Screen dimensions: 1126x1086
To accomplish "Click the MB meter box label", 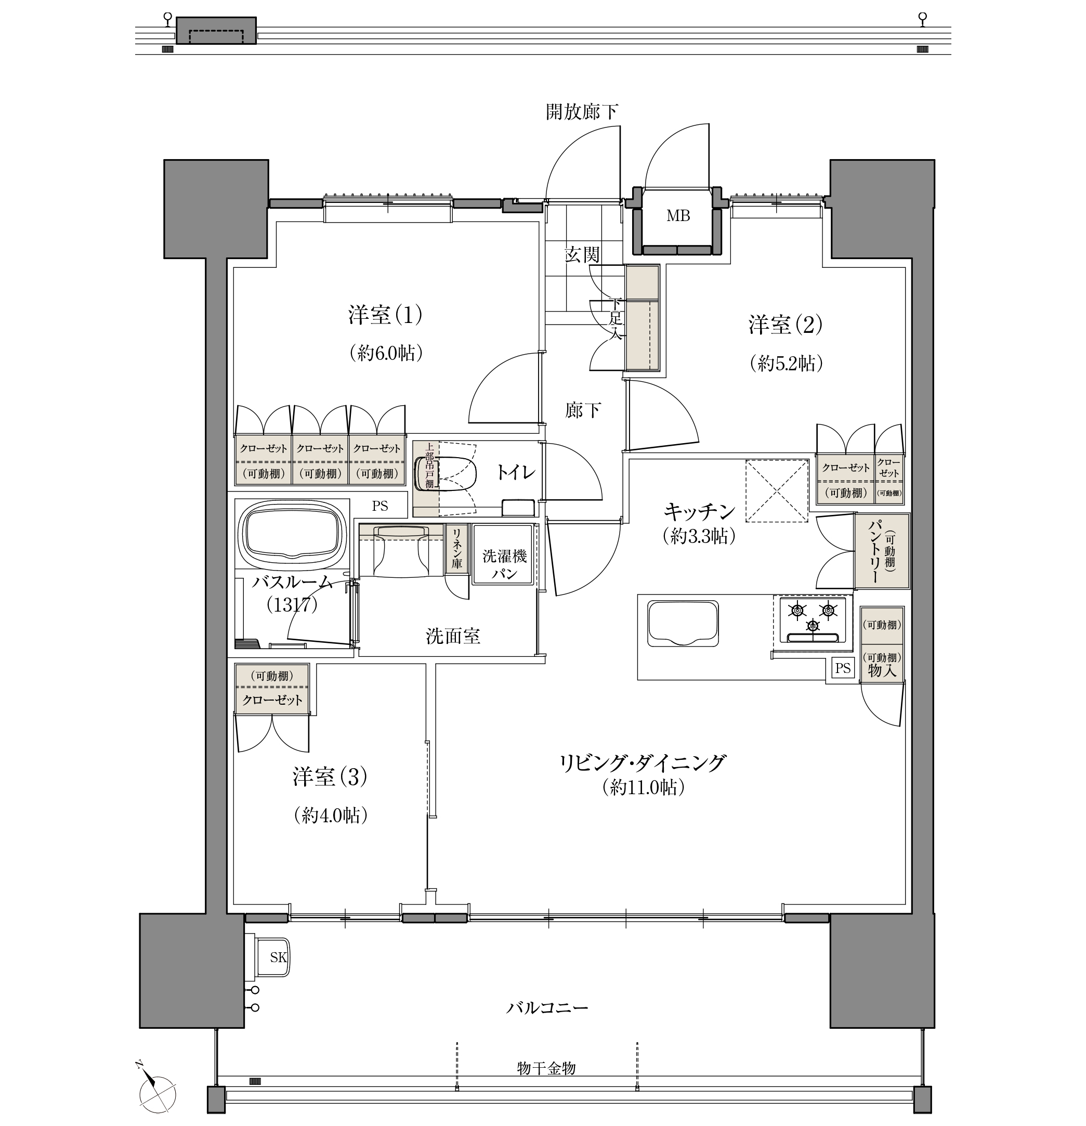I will (678, 216).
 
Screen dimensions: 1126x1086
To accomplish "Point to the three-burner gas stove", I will (812, 620).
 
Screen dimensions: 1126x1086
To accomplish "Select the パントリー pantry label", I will (875, 551).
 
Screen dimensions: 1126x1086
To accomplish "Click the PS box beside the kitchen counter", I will (843, 668).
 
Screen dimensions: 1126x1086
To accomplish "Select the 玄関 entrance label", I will (582, 254).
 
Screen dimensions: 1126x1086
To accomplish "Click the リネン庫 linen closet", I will (456, 549).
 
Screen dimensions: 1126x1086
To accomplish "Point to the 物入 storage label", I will (882, 670).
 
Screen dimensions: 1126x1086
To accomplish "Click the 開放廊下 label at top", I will (581, 111).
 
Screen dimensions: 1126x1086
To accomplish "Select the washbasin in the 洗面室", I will (401, 551).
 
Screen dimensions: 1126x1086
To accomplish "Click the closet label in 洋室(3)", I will (272, 700).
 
